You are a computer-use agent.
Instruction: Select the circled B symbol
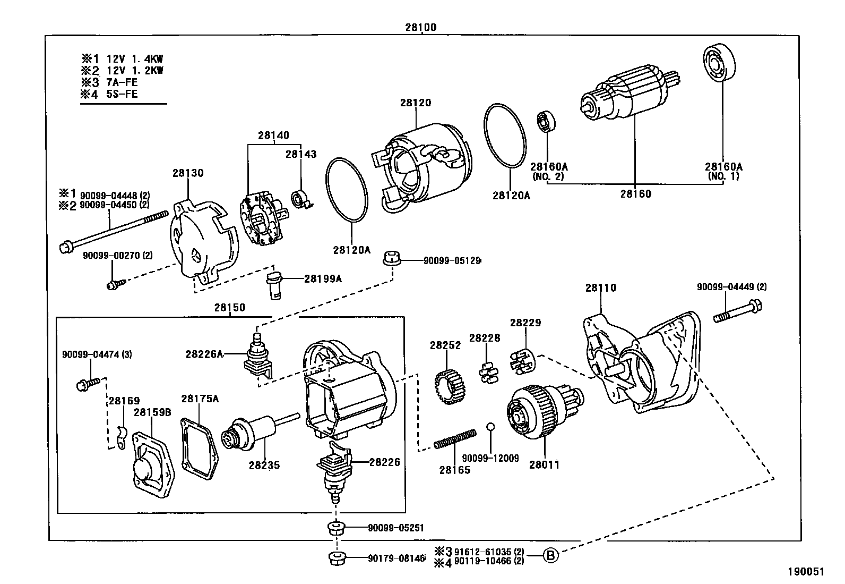point(551,556)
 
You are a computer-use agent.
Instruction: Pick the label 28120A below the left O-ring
point(351,249)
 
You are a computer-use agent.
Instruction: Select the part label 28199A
point(323,278)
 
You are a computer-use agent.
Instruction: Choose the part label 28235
point(264,465)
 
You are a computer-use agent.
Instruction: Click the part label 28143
point(300,154)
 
